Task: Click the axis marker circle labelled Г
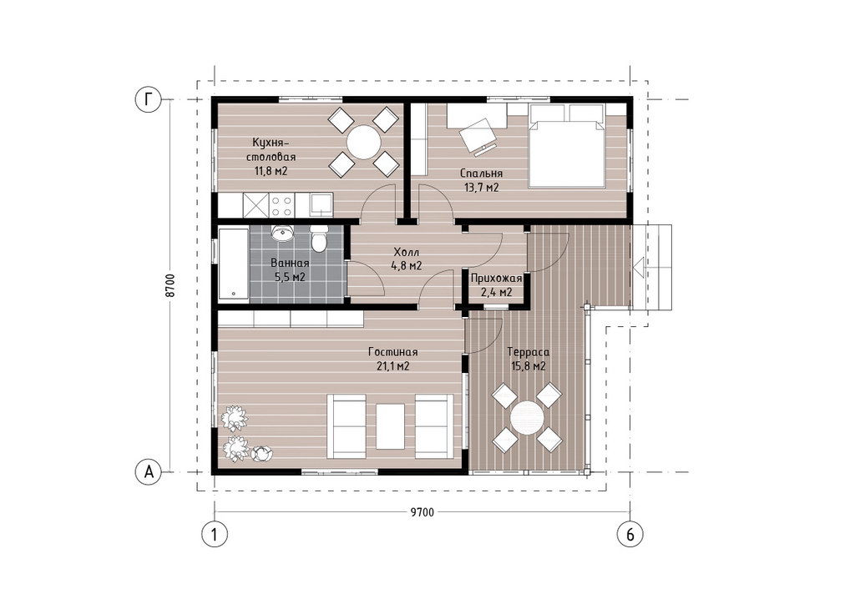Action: pyautogui.click(x=149, y=99)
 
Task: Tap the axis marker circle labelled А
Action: pyautogui.click(x=149, y=471)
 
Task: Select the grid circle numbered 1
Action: pyautogui.click(x=215, y=534)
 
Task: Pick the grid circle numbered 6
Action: pyautogui.click(x=630, y=534)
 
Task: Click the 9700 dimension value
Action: pyautogui.click(x=422, y=512)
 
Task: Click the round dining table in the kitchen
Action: pyautogui.click(x=364, y=143)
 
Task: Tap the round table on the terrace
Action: pyautogui.click(x=527, y=417)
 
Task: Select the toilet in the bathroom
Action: pyautogui.click(x=319, y=239)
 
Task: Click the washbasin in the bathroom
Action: pyautogui.click(x=282, y=233)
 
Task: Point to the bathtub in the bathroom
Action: pyautogui.click(x=234, y=264)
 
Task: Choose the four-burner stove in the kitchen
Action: pyautogui.click(x=281, y=205)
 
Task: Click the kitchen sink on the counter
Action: pyautogui.click(x=320, y=205)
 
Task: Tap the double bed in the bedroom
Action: pyautogui.click(x=567, y=146)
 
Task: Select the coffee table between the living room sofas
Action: pyautogui.click(x=391, y=426)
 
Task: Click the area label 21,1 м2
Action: pyautogui.click(x=392, y=366)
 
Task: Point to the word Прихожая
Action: pyautogui.click(x=496, y=279)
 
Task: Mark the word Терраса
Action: pyautogui.click(x=528, y=352)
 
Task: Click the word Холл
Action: pyautogui.click(x=407, y=253)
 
